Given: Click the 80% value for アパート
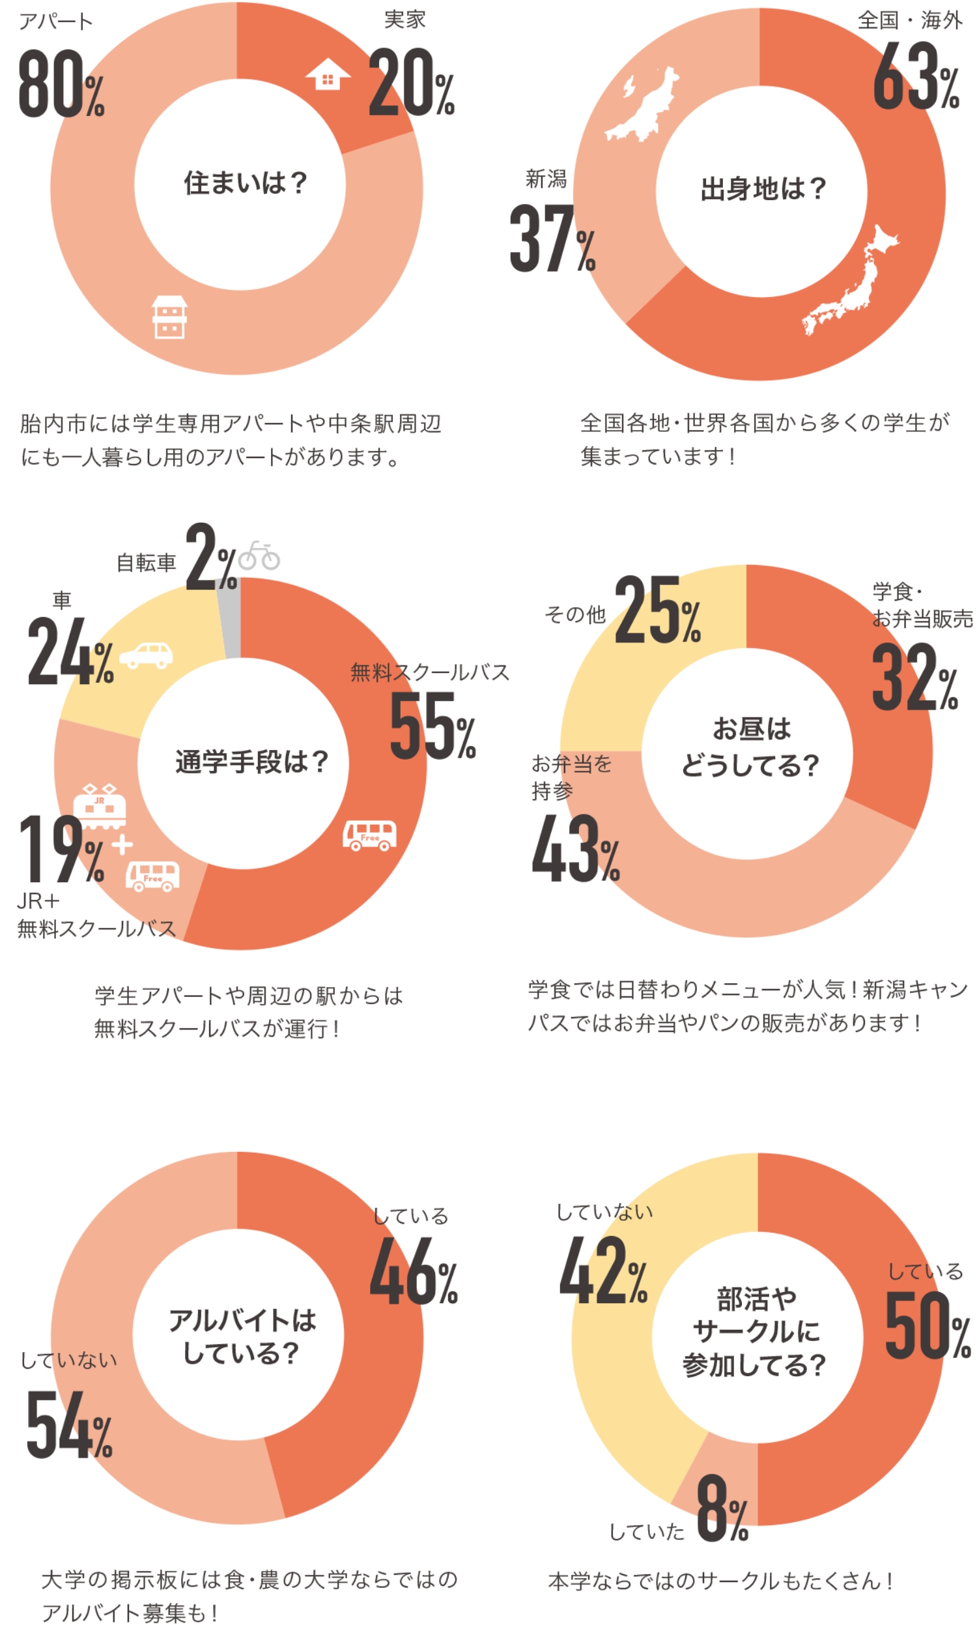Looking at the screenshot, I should (61, 84).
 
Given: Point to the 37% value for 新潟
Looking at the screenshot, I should (552, 238).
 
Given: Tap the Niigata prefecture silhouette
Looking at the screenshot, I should (642, 106).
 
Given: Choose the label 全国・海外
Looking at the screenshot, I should (909, 20).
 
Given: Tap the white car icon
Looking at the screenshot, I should (146, 654).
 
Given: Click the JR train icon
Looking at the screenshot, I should (100, 806).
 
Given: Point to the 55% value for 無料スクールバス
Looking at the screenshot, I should (432, 726).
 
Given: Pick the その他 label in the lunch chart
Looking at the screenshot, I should (574, 614).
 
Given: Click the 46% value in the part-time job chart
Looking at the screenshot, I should (413, 1272).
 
